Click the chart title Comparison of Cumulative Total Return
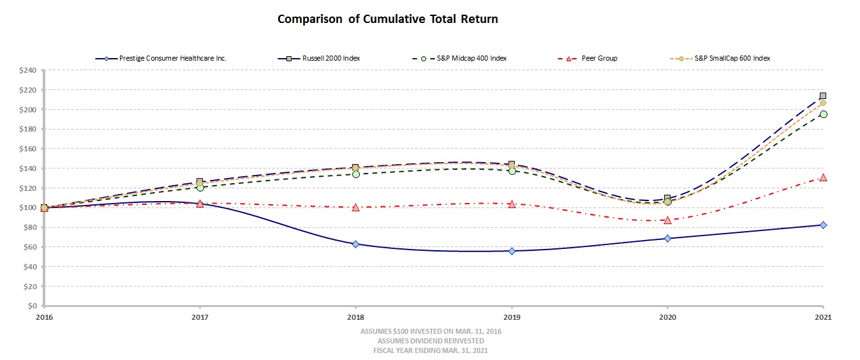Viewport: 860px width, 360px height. (387, 19)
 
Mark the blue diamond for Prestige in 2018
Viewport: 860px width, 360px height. (355, 244)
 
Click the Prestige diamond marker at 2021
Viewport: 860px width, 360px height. (823, 225)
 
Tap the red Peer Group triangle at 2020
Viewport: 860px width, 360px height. (667, 220)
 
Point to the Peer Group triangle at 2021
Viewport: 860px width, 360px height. (823, 177)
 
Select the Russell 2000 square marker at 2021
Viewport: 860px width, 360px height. (823, 96)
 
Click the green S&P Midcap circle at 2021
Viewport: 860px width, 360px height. (823, 114)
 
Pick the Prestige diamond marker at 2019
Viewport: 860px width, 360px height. (512, 251)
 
